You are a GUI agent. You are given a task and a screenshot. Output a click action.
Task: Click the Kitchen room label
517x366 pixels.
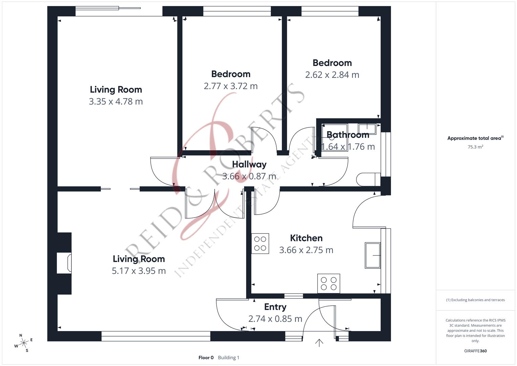306,238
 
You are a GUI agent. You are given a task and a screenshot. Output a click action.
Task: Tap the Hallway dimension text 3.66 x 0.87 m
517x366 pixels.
249,176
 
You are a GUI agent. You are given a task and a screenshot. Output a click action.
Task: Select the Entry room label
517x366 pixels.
275,307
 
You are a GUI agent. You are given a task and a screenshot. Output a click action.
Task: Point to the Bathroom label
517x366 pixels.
348,135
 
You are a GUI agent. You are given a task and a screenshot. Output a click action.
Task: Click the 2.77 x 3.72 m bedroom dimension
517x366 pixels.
231,86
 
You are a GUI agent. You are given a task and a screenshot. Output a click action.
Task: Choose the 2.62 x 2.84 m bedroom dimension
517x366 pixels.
332,75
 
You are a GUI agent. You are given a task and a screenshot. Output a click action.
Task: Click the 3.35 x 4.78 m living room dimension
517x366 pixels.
116,101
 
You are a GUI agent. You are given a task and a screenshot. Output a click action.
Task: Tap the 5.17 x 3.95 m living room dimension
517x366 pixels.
139,271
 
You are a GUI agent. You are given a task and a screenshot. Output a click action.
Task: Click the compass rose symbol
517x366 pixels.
23,343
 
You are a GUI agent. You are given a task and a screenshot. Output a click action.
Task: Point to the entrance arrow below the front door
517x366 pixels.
319,343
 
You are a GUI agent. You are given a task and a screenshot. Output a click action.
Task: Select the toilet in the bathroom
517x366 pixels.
368,179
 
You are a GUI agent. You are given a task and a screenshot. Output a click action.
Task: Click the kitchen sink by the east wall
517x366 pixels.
372,255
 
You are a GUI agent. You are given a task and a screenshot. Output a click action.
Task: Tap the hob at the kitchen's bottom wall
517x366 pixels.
328,283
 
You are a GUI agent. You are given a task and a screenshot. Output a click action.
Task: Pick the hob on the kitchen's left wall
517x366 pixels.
260,243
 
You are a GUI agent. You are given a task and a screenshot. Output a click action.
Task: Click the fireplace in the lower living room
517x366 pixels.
64,263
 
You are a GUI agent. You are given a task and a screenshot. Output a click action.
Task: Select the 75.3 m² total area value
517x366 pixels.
475,147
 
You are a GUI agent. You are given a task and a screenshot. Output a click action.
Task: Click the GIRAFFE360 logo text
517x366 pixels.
475,351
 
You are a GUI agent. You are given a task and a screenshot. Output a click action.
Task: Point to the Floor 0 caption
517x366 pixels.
206,358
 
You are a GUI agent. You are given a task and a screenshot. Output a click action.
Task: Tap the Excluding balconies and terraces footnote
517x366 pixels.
475,300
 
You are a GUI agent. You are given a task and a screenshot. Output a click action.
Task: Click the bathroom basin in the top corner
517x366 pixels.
367,129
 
